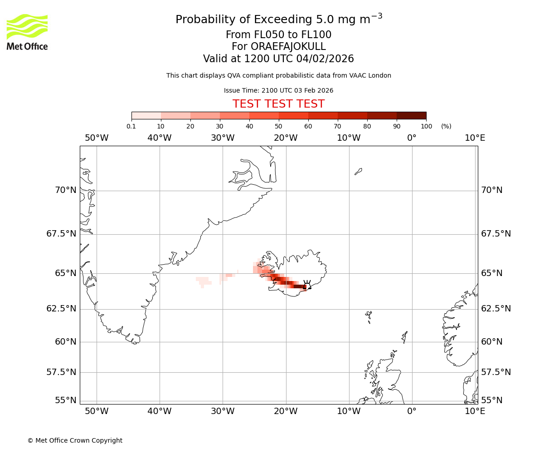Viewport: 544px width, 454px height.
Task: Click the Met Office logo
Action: coord(27,32)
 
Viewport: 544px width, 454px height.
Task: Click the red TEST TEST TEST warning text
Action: coord(278,104)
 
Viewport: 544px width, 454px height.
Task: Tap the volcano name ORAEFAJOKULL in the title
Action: coord(278,47)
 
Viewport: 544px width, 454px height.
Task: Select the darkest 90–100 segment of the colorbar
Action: coord(411,115)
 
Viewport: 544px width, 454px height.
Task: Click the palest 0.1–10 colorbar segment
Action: coord(146,115)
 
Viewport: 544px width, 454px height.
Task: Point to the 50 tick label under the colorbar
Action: coord(278,127)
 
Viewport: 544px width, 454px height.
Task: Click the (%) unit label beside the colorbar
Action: coord(446,127)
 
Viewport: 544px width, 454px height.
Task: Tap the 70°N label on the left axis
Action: coord(66,190)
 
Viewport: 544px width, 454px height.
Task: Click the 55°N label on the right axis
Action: coord(492,400)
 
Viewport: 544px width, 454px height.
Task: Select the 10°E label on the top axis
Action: coord(475,138)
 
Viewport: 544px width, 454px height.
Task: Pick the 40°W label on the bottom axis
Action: coord(160,411)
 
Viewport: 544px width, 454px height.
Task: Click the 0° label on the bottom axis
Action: coord(412,411)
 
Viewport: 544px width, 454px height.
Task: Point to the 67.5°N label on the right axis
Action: coord(496,234)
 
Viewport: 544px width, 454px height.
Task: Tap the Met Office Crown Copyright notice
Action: coord(75,440)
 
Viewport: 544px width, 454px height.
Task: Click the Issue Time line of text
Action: coord(278,90)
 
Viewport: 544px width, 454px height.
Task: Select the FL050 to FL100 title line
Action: coord(278,35)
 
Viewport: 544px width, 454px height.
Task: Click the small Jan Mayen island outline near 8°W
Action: coord(358,171)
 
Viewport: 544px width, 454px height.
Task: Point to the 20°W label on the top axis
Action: coord(286,138)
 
